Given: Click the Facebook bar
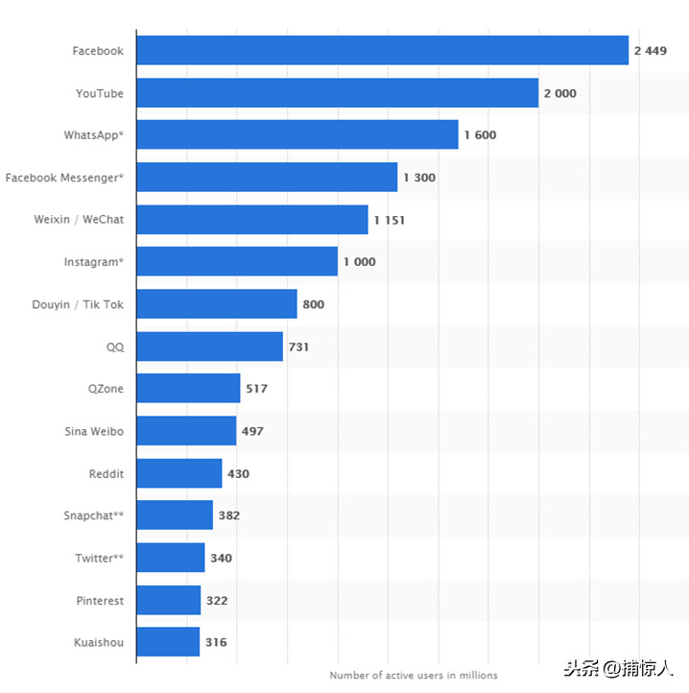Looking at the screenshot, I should [382, 50].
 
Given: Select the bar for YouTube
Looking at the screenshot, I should [337, 93].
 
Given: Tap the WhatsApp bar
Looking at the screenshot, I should [297, 135].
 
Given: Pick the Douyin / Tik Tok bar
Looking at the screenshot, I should [216, 304].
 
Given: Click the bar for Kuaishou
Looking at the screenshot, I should [168, 642].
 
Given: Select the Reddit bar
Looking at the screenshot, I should [178, 473].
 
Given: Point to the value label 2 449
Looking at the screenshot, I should [650, 51].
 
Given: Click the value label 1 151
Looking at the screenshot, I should [390, 220].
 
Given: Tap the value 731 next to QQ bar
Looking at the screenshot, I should [298, 346].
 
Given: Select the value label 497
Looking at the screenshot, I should [252, 431].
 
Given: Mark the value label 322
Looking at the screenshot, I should [216, 601].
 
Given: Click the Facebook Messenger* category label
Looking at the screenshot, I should [64, 178].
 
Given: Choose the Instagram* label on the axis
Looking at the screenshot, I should [93, 262].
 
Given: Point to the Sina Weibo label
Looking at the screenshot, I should [94, 431].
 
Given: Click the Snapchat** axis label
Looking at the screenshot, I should [93, 515].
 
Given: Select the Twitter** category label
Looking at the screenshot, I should [99, 558].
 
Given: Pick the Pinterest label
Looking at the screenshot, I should [100, 601].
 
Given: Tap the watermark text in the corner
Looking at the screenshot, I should [618, 669].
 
